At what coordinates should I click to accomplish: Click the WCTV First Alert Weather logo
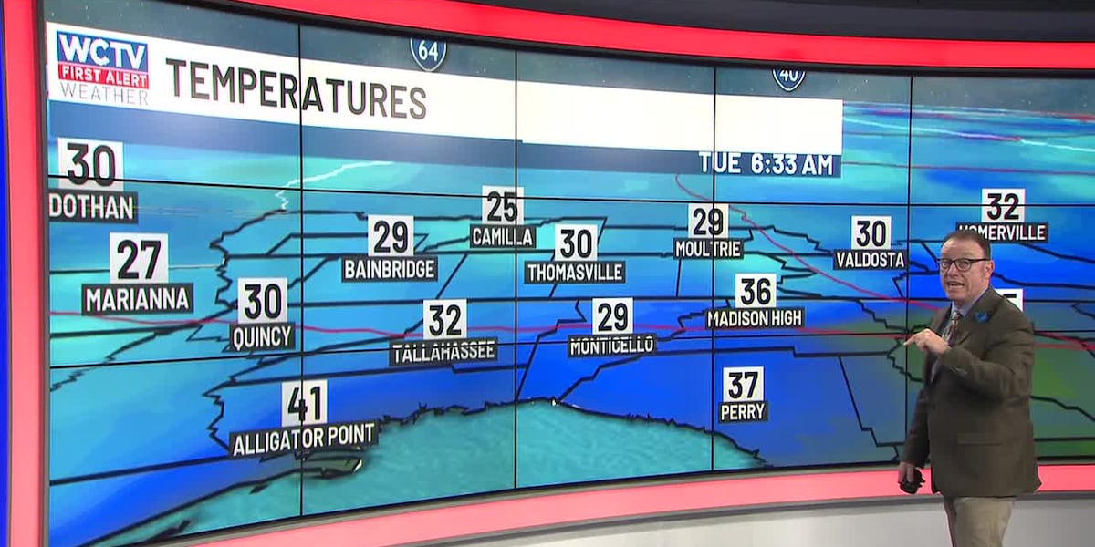[x=102, y=67]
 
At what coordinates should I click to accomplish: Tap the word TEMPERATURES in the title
[x=296, y=88]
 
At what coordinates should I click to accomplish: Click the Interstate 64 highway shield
[x=428, y=53]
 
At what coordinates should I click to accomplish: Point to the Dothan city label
[x=92, y=207]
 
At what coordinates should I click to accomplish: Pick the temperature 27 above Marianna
[x=139, y=259]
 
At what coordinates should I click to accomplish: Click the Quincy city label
[x=263, y=336]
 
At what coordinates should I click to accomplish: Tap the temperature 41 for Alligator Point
[x=304, y=402]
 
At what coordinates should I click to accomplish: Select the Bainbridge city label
[x=390, y=269]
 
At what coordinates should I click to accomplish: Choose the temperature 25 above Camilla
[x=503, y=205]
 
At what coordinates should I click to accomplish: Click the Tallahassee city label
[x=444, y=351]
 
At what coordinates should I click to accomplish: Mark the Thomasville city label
[x=575, y=272]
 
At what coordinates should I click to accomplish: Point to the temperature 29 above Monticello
[x=612, y=316]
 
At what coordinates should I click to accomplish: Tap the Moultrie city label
[x=708, y=248]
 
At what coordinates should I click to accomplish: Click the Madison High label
[x=756, y=317]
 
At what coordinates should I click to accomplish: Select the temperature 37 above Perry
[x=744, y=384]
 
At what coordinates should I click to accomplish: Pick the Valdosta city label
[x=871, y=260]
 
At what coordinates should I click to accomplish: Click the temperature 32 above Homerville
[x=1003, y=205]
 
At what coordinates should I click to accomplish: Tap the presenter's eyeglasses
[x=962, y=263]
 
